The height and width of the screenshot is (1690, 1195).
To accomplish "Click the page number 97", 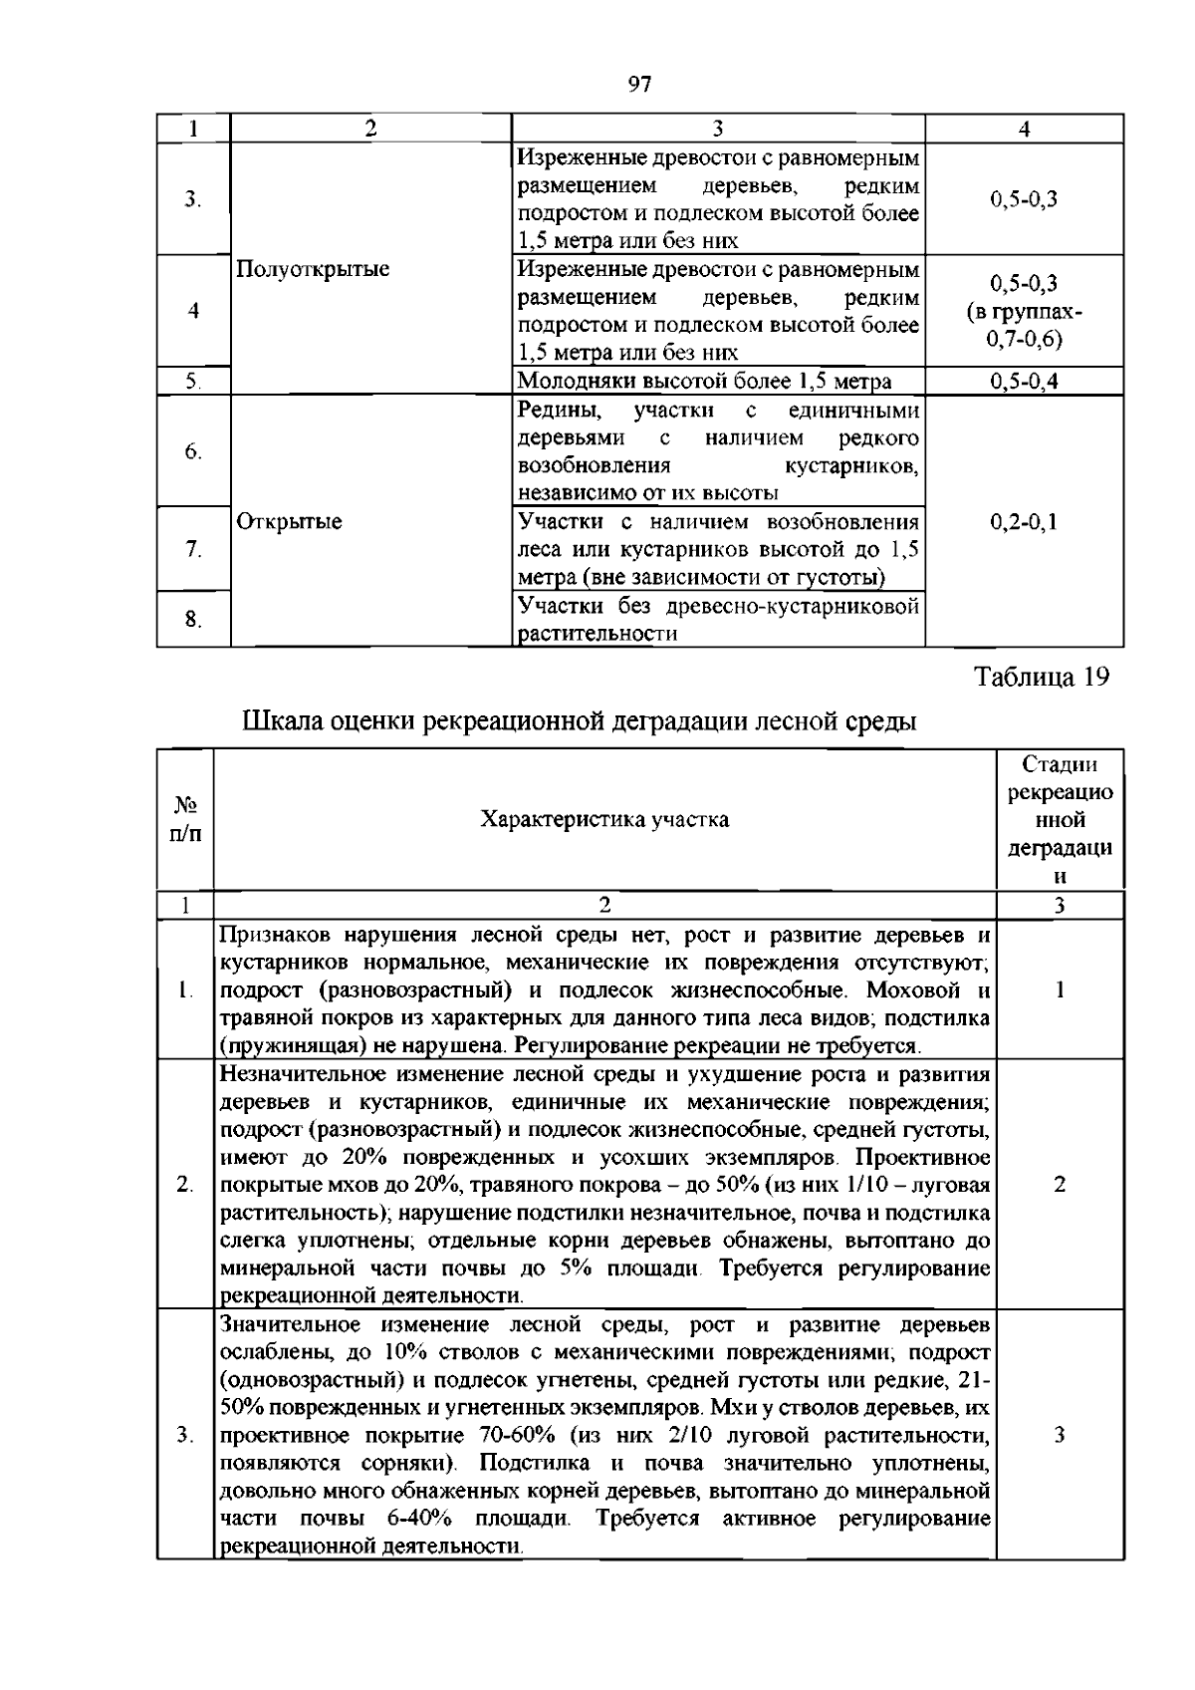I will pyautogui.click(x=639, y=85).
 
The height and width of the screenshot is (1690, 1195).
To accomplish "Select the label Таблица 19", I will pyautogui.click(x=1041, y=678).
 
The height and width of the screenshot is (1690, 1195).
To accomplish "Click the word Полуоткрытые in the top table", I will pyautogui.click(x=313, y=269).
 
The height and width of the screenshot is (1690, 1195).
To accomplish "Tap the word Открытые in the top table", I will pyautogui.click(x=289, y=522).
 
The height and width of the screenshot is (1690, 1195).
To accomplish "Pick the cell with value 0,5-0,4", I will pyautogui.click(x=1024, y=382).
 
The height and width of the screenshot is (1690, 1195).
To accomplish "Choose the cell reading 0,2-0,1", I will pyautogui.click(x=1024, y=522).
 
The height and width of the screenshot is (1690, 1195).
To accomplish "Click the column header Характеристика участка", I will pyautogui.click(x=604, y=820).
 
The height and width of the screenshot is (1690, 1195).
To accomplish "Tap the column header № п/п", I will pyautogui.click(x=185, y=820).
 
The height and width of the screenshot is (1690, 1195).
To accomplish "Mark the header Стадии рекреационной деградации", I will pyautogui.click(x=1060, y=820).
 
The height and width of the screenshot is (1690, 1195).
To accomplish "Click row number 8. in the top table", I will pyautogui.click(x=193, y=620).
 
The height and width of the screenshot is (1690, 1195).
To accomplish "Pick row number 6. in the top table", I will pyautogui.click(x=193, y=451).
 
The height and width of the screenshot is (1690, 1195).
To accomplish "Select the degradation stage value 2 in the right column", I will pyautogui.click(x=1060, y=1185).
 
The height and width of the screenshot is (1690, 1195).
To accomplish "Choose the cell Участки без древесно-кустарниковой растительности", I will pyautogui.click(x=717, y=620).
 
